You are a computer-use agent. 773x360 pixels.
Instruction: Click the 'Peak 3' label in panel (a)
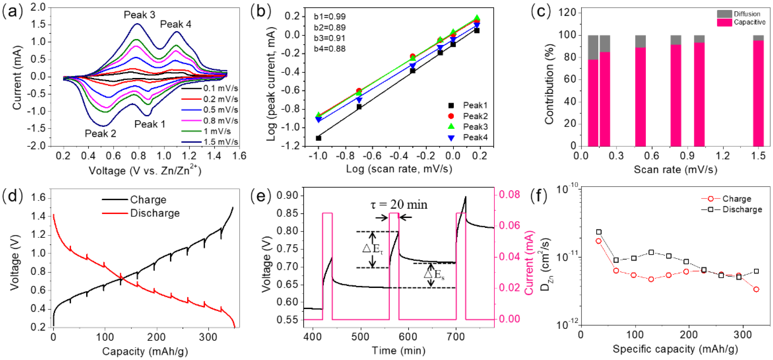coord(139,15)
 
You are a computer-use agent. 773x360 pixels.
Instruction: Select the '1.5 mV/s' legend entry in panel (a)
coord(220,142)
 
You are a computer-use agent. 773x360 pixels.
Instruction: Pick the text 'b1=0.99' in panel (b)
coord(330,17)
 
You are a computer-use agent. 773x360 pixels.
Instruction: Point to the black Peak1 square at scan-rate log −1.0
coord(318,138)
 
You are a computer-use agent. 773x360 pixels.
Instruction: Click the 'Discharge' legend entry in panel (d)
coord(155,213)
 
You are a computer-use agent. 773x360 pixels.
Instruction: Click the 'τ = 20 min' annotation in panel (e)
coord(399,205)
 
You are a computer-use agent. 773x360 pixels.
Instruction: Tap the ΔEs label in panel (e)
coord(434,274)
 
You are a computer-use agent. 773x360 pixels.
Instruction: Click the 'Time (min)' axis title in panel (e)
coord(399,350)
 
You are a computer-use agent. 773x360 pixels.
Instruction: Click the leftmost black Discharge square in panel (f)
coord(599,232)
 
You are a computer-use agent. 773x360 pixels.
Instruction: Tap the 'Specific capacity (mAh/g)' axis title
coord(675,349)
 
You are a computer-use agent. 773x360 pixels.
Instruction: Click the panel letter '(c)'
coord(541,12)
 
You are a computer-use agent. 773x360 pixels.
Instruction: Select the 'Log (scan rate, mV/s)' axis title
coord(399,169)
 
